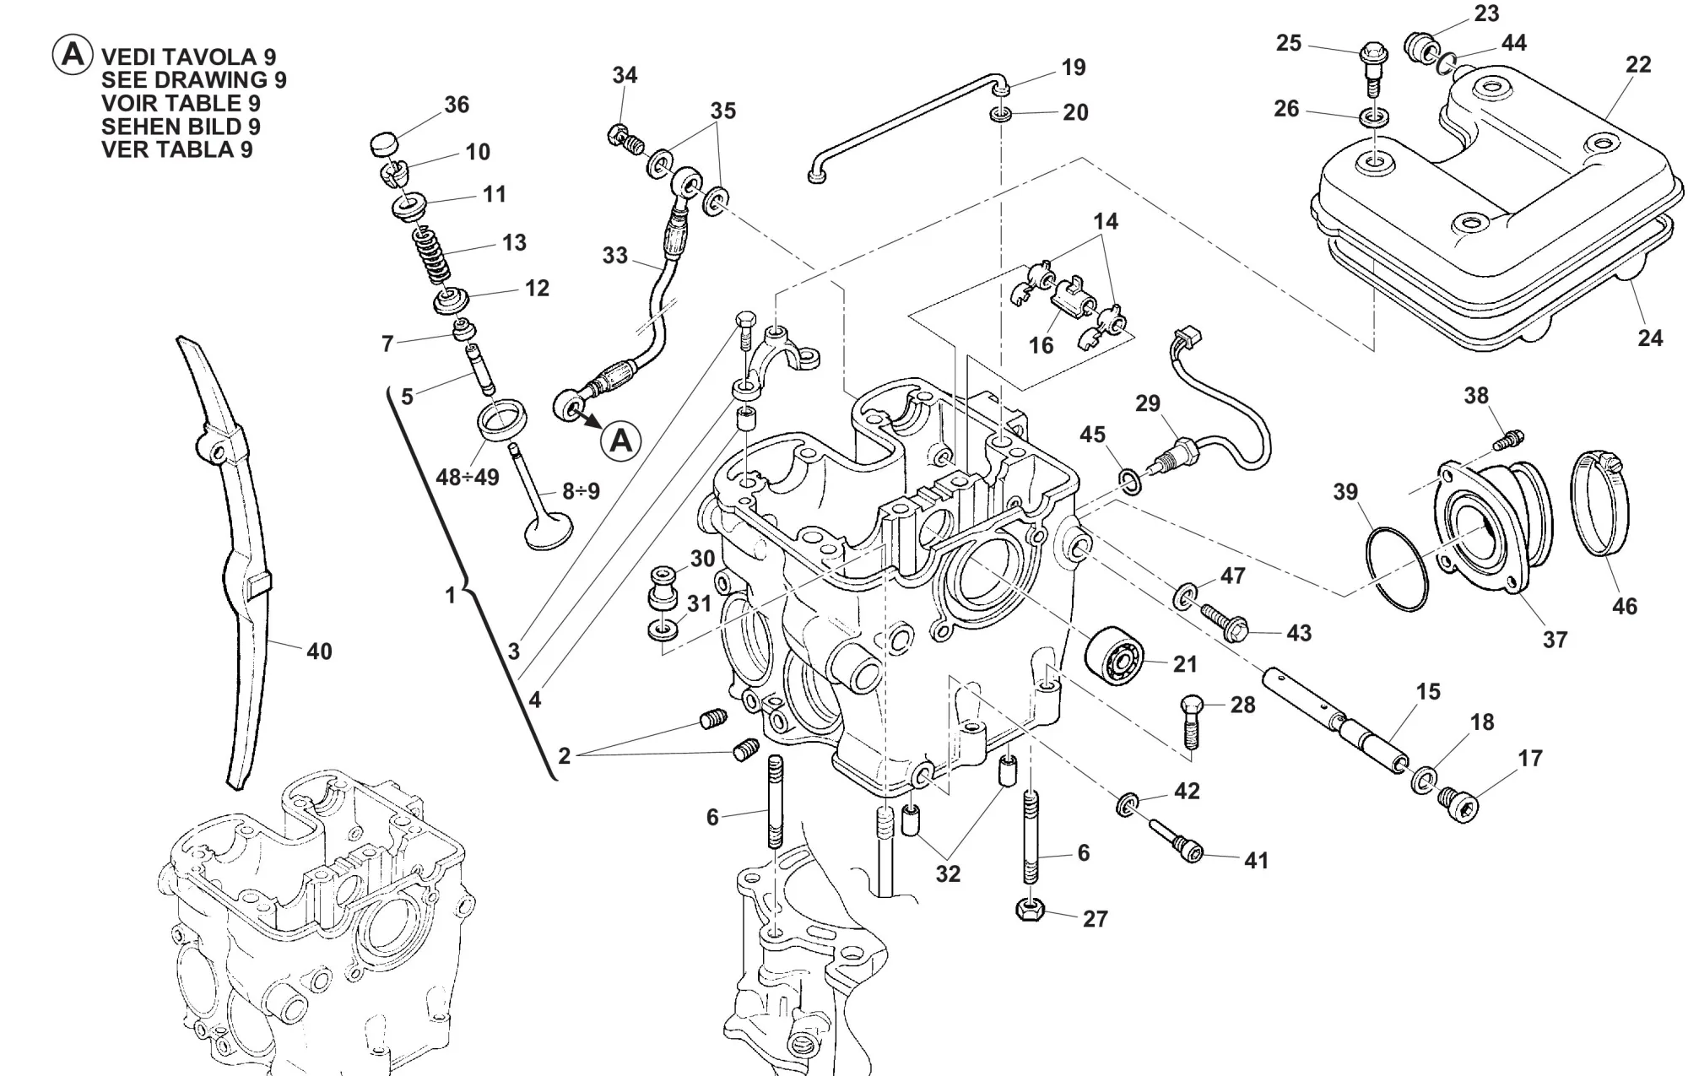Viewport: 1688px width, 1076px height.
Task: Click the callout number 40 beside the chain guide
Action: [x=319, y=652]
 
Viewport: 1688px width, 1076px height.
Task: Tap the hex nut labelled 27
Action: [x=1031, y=911]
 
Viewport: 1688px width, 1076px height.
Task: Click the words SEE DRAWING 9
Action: [x=193, y=80]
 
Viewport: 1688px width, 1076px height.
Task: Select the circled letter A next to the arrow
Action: [x=621, y=441]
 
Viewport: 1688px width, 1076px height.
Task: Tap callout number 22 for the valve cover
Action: [x=1637, y=65]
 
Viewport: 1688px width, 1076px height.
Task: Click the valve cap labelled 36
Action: [x=383, y=144]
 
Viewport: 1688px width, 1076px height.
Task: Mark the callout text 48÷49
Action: [x=467, y=478]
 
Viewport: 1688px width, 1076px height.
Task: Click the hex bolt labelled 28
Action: [x=1190, y=722]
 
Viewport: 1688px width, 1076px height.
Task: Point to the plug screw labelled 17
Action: [x=1458, y=806]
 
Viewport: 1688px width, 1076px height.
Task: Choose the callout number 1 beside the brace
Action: [x=450, y=596]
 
